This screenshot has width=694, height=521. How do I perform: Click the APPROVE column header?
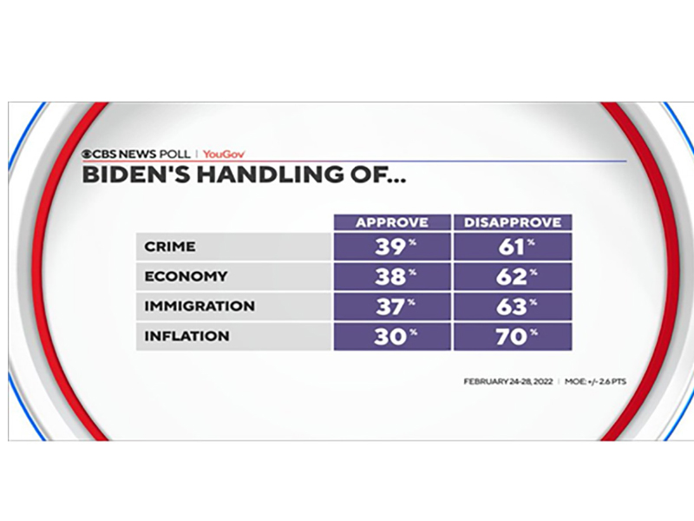[392, 222]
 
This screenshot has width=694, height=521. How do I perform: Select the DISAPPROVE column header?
[513, 222]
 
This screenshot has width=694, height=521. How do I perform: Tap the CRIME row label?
[170, 247]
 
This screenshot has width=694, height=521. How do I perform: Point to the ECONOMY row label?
[186, 276]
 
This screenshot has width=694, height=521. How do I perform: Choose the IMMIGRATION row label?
[200, 307]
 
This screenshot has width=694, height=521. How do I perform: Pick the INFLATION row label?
[187, 336]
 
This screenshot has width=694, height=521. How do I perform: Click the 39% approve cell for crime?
[392, 247]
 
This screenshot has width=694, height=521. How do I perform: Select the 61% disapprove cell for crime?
[513, 247]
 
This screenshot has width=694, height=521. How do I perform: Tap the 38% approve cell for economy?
[392, 276]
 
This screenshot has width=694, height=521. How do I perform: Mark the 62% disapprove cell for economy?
[513, 276]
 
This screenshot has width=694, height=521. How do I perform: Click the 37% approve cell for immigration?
[392, 307]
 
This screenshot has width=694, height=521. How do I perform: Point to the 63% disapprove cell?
[513, 307]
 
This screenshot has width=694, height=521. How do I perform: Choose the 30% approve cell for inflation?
[392, 336]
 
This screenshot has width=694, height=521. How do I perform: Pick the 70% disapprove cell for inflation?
[513, 336]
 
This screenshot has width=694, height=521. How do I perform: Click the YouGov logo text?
[224, 155]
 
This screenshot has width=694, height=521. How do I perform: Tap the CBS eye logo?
[87, 155]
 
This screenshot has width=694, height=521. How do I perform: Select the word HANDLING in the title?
[271, 175]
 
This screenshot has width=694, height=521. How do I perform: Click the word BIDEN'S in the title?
[136, 175]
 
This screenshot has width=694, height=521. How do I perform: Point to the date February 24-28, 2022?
[508, 381]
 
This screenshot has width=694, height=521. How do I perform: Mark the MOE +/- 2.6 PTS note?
[595, 381]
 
